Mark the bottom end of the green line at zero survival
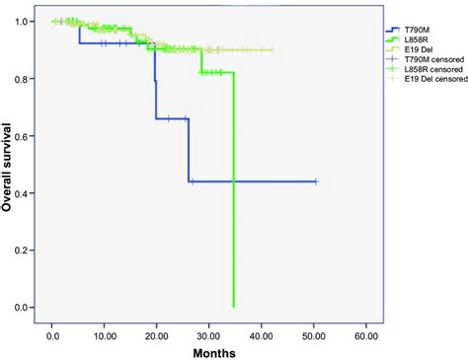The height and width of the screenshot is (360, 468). (x=233, y=307)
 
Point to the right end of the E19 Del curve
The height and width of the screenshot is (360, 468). (x=273, y=50)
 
